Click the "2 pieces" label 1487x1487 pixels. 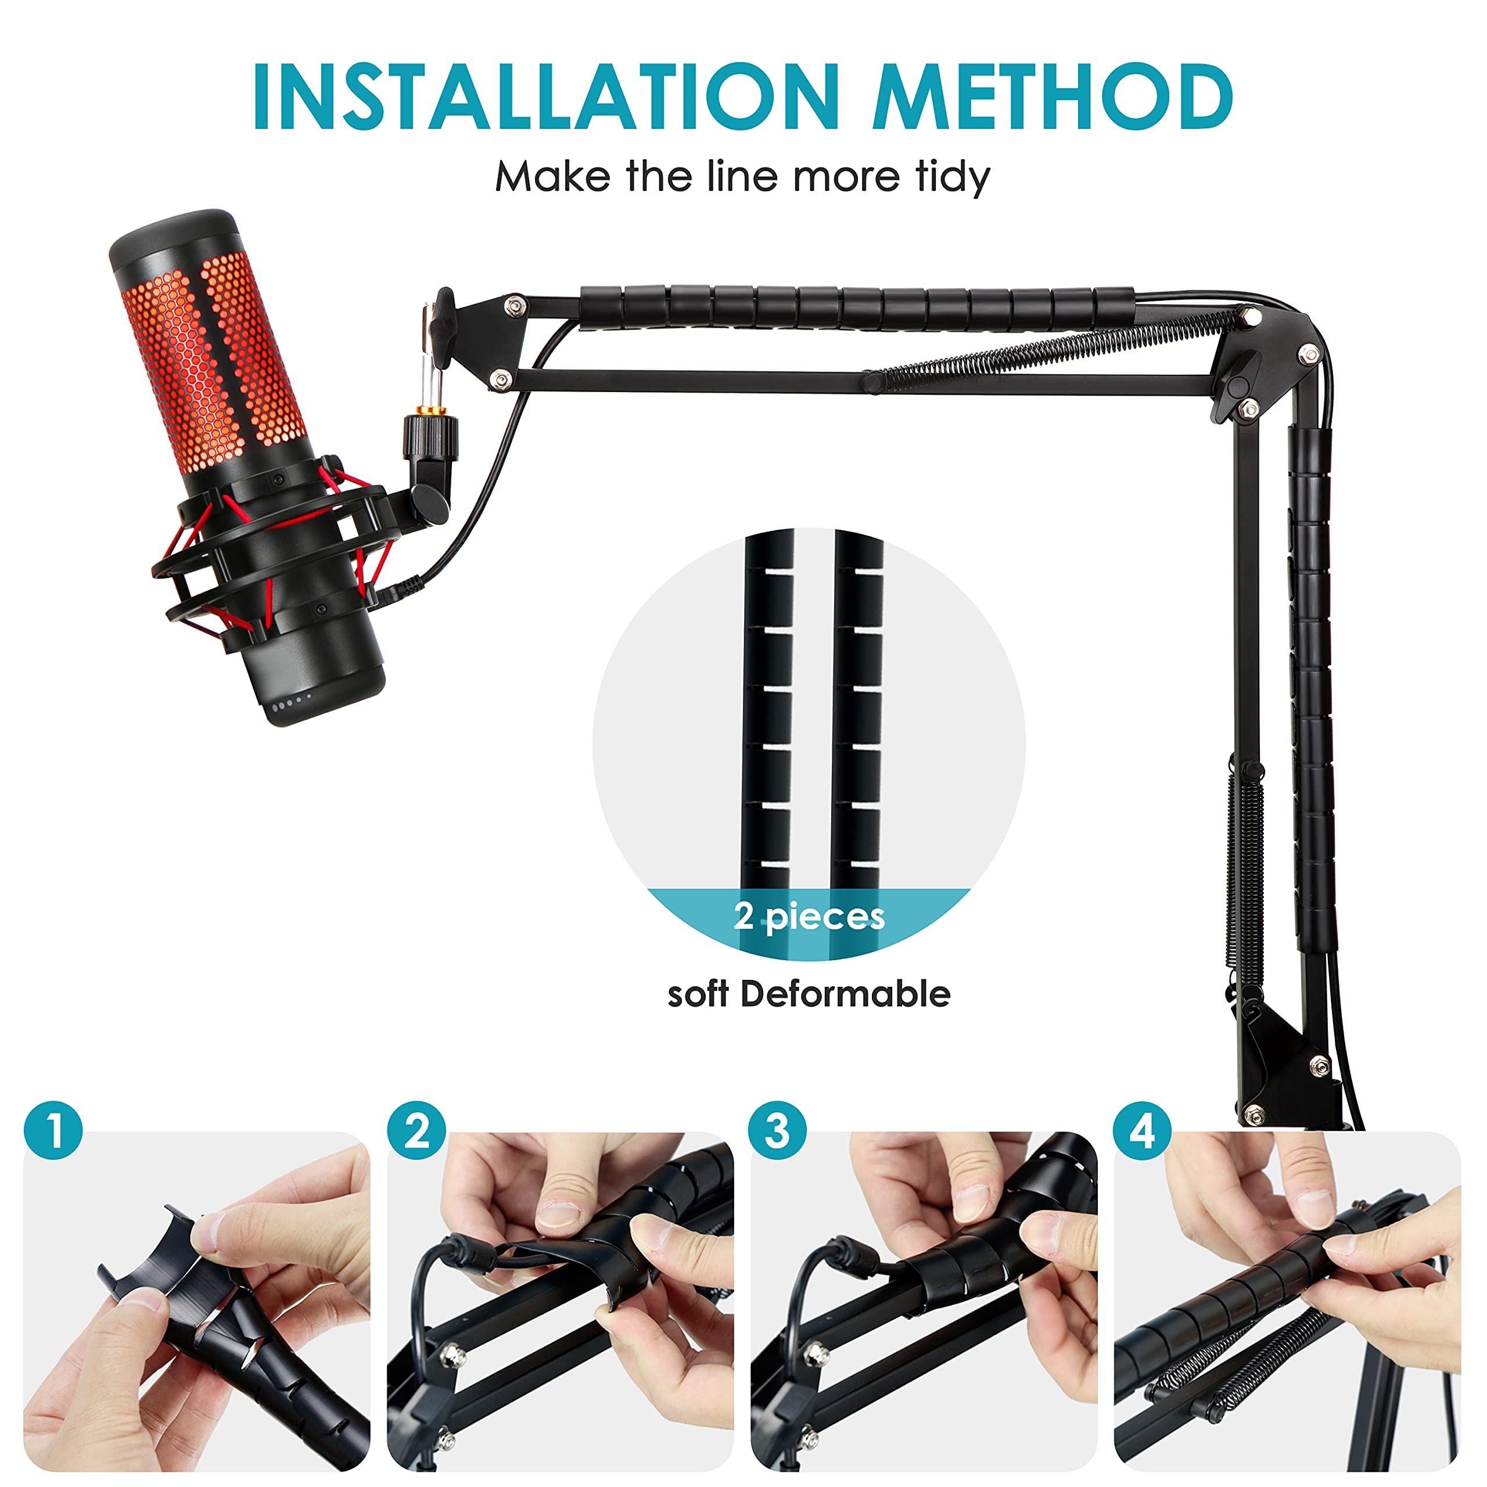[809, 917]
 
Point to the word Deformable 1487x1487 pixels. [845, 994]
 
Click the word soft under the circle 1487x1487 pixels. [697, 994]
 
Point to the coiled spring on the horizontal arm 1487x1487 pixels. [1054, 350]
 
